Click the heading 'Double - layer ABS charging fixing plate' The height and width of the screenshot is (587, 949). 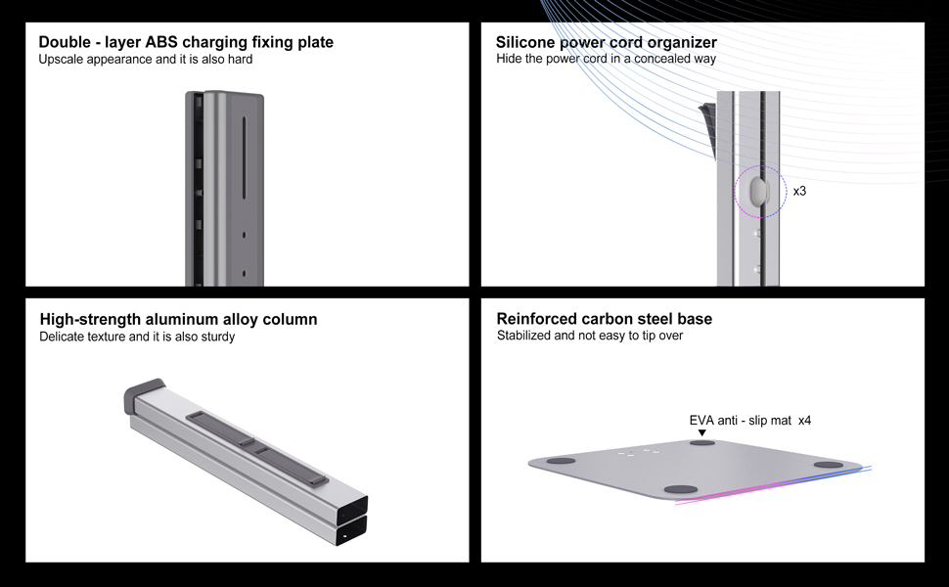pyautogui.click(x=186, y=42)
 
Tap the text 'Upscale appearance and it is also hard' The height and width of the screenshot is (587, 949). pyautogui.click(x=146, y=60)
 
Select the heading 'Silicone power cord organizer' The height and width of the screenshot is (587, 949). pyautogui.click(x=606, y=42)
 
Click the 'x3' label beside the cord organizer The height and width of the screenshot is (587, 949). pyautogui.click(x=799, y=191)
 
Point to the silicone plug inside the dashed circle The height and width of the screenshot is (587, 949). pyautogui.click(x=759, y=190)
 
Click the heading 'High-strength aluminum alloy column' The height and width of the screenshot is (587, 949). pyautogui.click(x=178, y=319)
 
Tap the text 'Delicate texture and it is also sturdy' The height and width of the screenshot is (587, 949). pyautogui.click(x=137, y=337)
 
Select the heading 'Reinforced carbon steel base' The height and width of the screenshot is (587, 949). pyautogui.click(x=604, y=319)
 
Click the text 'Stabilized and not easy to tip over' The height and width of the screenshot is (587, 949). pyautogui.click(x=589, y=336)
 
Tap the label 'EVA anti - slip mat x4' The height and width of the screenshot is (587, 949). pyautogui.click(x=749, y=421)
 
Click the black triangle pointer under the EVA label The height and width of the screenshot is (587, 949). pyautogui.click(x=701, y=432)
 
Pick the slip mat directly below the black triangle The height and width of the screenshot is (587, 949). pyautogui.click(x=701, y=443)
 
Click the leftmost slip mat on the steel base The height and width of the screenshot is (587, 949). pyautogui.click(x=561, y=460)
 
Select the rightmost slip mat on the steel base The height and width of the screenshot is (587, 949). pyautogui.click(x=828, y=465)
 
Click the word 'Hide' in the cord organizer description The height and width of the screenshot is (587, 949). pyautogui.click(x=509, y=60)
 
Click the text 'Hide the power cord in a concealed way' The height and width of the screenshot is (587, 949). pyautogui.click(x=606, y=60)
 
